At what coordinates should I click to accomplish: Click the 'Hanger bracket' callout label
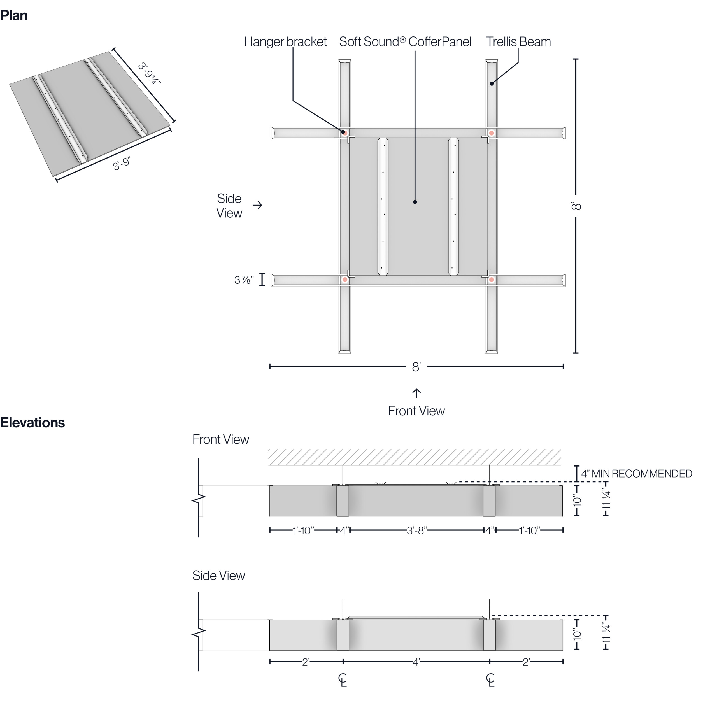click(285, 41)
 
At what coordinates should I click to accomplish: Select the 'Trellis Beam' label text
click(518, 41)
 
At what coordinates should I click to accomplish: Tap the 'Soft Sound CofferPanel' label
click(405, 41)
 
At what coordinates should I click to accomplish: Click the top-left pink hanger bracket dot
click(345, 133)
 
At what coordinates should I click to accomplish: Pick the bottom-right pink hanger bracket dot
click(491, 280)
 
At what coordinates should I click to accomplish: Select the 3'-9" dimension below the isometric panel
click(121, 164)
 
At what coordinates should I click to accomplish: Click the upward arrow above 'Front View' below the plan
click(416, 393)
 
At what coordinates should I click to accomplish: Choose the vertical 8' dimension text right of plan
click(576, 206)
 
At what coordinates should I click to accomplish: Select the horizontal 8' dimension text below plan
click(416, 367)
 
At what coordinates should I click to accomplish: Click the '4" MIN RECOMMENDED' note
click(636, 474)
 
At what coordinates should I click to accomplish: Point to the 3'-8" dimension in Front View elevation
click(417, 530)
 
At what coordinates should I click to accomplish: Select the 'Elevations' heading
click(32, 423)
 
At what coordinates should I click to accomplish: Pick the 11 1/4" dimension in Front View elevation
click(606, 500)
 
